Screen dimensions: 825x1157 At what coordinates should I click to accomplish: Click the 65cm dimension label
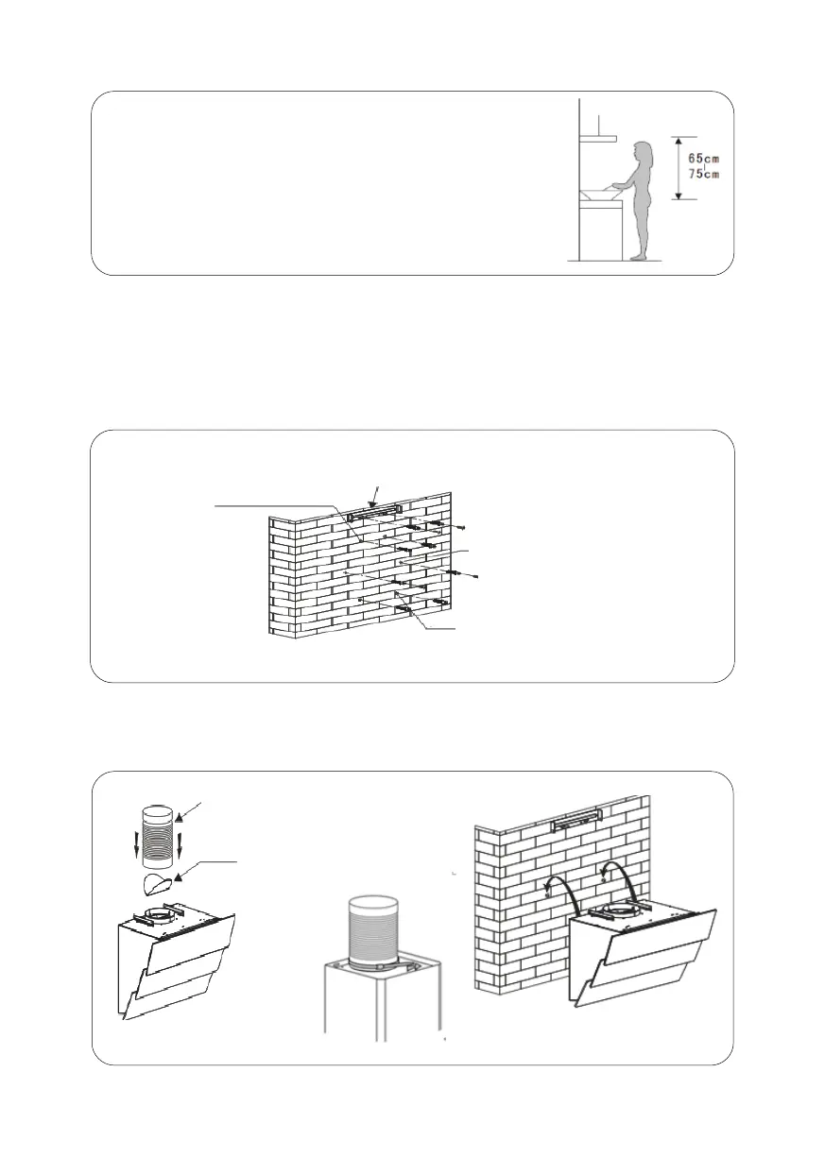point(704,158)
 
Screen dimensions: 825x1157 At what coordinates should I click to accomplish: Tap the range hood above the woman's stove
point(597,139)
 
